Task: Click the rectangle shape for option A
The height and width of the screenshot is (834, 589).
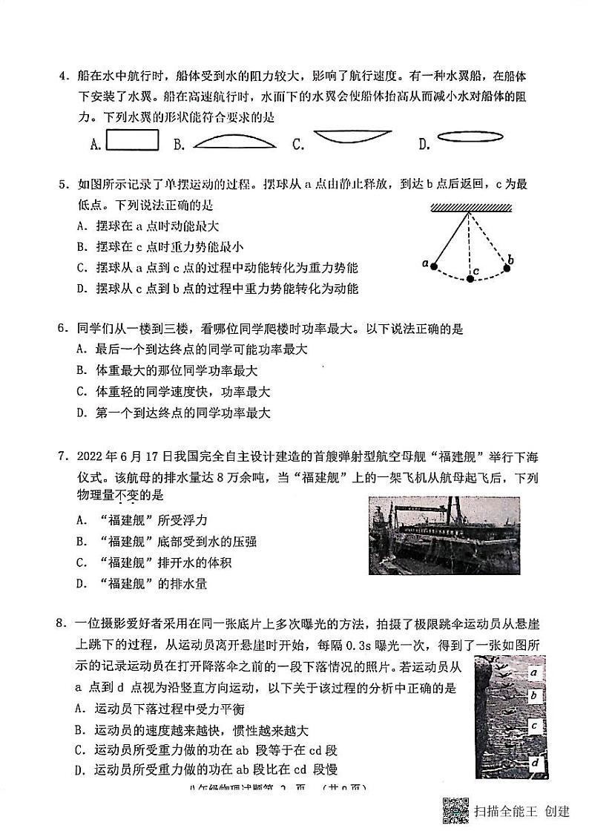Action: click(132, 140)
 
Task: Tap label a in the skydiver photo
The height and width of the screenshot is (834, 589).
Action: click(533, 672)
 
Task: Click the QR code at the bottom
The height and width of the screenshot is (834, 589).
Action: click(455, 810)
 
